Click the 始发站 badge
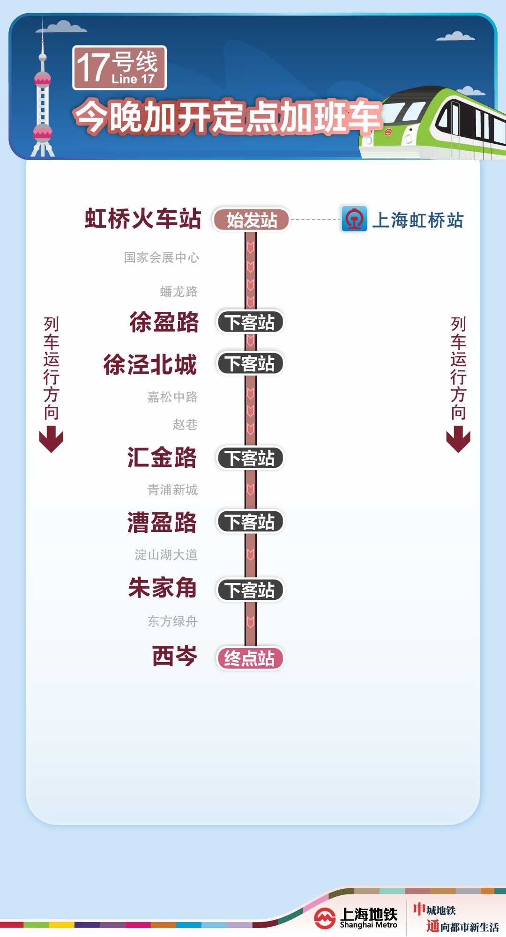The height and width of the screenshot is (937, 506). coord(251,220)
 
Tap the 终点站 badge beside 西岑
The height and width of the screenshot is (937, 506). coord(250,658)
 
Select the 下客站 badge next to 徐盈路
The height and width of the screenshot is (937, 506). coord(250,322)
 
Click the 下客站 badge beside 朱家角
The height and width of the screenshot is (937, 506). coord(250,590)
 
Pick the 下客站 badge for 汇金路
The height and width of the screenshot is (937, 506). coord(250,458)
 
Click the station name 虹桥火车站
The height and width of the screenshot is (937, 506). coord(143,219)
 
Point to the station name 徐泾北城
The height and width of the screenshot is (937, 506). coord(150,364)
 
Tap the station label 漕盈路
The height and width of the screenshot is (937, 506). coord(162,522)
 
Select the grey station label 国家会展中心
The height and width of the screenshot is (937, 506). coord(161,258)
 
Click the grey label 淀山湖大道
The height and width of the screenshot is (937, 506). coord(166,555)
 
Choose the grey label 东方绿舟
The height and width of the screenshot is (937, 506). coord(172,621)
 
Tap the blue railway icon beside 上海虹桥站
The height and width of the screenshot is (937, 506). coord(354,219)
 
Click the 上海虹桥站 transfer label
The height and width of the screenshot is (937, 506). coord(417,220)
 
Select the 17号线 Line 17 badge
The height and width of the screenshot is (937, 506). coord(119,68)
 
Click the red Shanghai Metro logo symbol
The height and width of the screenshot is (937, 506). coord(325,918)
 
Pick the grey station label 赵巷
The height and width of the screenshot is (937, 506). coord(185,425)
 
